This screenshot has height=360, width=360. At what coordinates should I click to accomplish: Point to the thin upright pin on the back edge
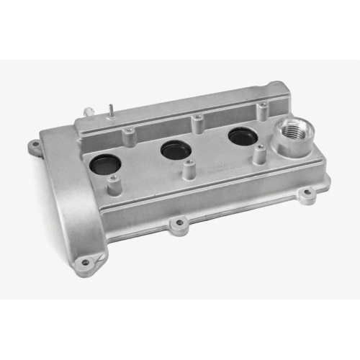pos(112,112)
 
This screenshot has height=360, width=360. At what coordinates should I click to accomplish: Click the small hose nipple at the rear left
pos(87,111)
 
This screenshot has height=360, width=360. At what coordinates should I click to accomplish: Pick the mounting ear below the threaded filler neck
pos(305,192)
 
